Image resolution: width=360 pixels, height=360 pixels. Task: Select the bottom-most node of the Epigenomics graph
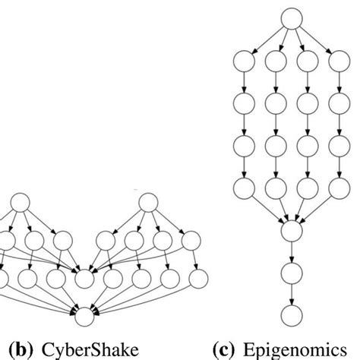pos(290,314)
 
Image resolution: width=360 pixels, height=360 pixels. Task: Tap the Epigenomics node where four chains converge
pos(290,227)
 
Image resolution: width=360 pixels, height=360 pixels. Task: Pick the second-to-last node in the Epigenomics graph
pos(290,271)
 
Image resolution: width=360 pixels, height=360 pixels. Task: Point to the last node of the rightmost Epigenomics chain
pos(338,188)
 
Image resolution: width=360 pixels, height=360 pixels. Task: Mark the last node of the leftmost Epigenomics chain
pos(243,188)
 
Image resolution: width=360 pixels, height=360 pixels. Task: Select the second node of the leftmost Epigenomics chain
pos(243,103)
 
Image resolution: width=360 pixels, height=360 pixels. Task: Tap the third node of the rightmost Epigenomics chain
pos(338,145)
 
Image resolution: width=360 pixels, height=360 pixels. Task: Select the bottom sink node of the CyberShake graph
pos(84,311)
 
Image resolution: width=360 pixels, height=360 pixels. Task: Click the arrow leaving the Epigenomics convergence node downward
pos(290,249)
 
